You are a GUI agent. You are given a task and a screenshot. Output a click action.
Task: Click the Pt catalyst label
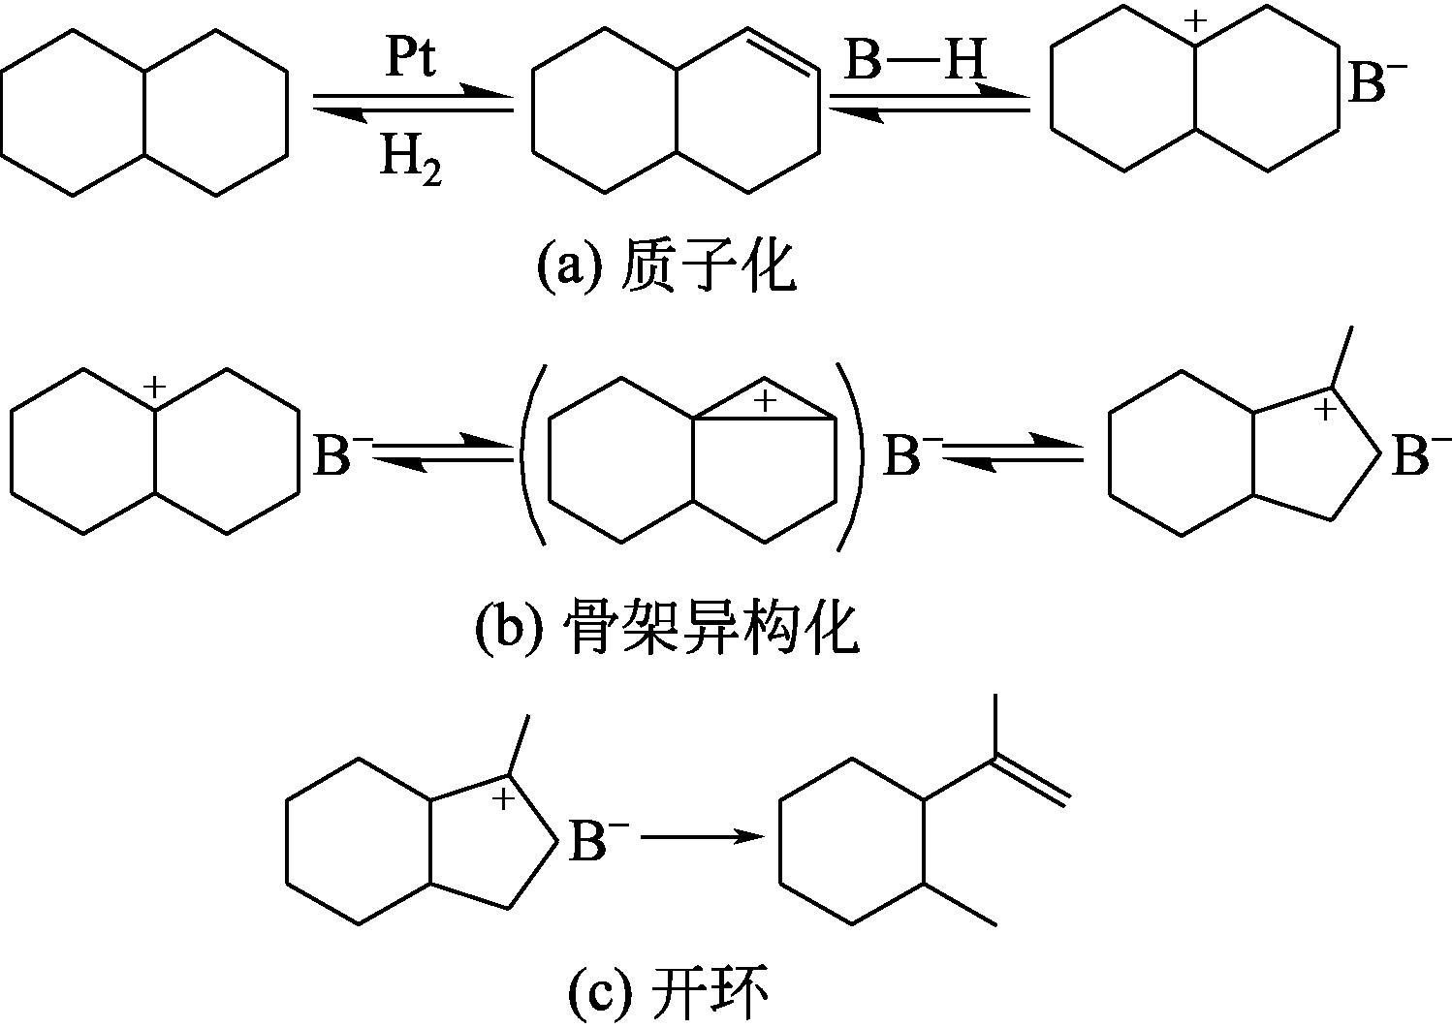[411, 60]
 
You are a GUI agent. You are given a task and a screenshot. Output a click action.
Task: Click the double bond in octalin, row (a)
[785, 53]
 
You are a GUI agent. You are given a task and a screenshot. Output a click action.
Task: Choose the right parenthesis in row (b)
[854, 458]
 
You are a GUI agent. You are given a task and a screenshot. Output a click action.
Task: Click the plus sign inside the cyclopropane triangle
[766, 400]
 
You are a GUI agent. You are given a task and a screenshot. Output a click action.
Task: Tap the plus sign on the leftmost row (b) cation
[154, 389]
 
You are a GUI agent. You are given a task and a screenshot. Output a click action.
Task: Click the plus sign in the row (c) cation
[504, 799]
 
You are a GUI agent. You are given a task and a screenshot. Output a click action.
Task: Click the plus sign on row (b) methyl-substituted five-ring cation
[1326, 411]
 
